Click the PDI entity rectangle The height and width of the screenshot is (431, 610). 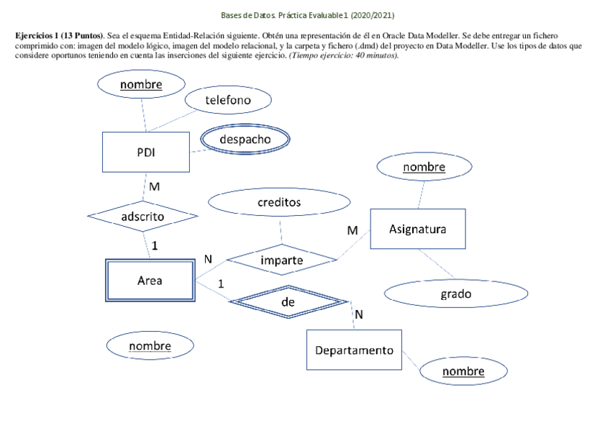pos(146,153)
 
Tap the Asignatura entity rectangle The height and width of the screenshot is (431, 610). pos(417,230)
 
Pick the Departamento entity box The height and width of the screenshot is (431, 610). pos(354,350)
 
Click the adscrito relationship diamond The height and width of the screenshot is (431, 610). pos(142,216)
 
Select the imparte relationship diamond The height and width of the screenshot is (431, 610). pos(281,260)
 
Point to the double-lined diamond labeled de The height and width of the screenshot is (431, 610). pos(288,303)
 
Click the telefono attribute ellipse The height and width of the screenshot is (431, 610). pos(228,101)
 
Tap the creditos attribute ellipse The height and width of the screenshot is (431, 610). pos(279,203)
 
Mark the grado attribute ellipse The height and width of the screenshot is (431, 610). pos(455,294)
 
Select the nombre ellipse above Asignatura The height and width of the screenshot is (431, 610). pos(424,168)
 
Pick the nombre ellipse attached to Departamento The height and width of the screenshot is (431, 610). pos(463,371)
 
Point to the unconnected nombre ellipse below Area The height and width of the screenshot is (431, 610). pos(150,346)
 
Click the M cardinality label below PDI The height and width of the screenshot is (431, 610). pos(154,187)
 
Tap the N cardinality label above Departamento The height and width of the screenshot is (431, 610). pos(359,314)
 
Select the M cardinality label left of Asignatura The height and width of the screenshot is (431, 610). pos(352,231)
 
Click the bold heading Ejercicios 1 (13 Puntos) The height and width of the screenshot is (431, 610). pos(59,35)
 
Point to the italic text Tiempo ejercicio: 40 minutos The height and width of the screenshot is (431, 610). pos(343,55)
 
